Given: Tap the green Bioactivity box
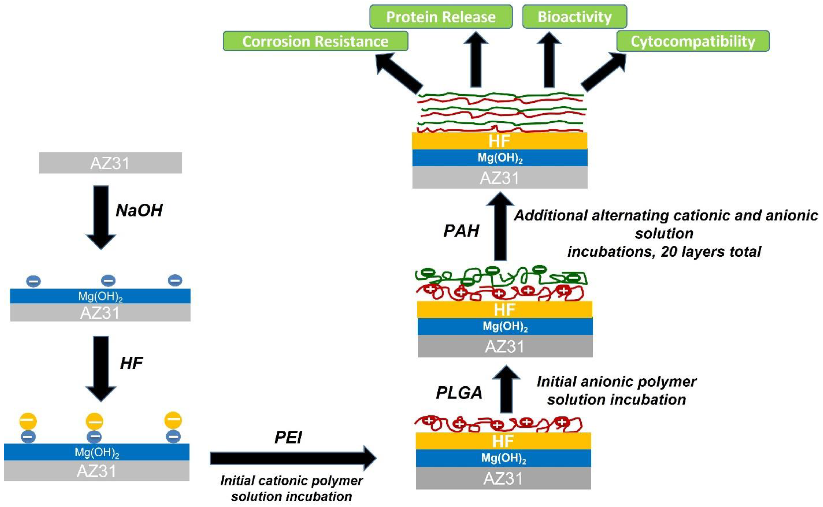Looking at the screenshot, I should [574, 17].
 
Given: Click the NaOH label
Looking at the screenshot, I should [139, 211].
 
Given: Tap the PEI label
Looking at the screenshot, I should [288, 438].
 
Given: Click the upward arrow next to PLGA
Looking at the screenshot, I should [506, 389].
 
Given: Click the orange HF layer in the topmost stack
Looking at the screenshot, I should [500, 141].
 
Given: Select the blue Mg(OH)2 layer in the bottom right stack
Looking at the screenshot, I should [503, 458].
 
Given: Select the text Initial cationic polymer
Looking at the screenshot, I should [291, 481].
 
